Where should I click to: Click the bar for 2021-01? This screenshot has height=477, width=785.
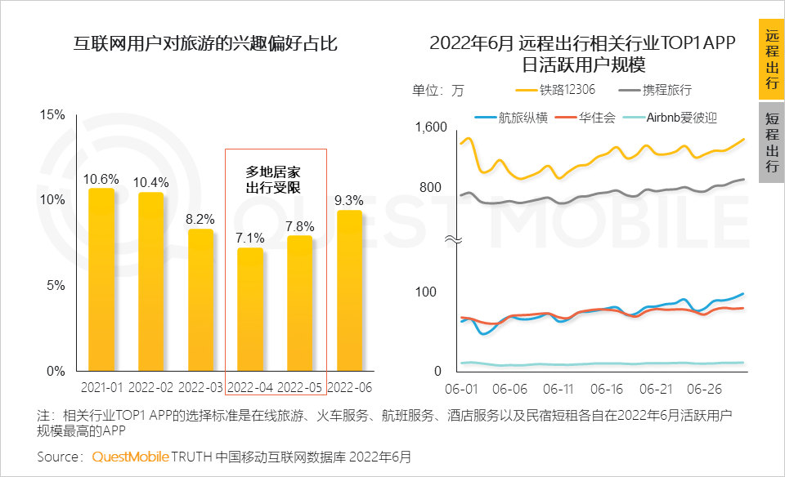click(x=101, y=279)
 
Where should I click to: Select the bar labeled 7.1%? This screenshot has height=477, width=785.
click(x=250, y=309)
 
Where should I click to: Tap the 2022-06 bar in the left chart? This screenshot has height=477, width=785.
click(x=349, y=290)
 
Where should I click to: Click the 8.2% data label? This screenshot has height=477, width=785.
click(x=200, y=219)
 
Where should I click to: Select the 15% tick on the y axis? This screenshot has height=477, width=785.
click(x=52, y=114)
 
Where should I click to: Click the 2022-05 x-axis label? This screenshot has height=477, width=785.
click(x=301, y=386)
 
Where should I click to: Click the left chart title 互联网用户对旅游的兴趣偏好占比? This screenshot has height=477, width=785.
click(x=205, y=43)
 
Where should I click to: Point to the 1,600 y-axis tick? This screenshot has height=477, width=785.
click(x=431, y=127)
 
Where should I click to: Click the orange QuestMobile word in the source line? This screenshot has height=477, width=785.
click(x=130, y=456)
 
